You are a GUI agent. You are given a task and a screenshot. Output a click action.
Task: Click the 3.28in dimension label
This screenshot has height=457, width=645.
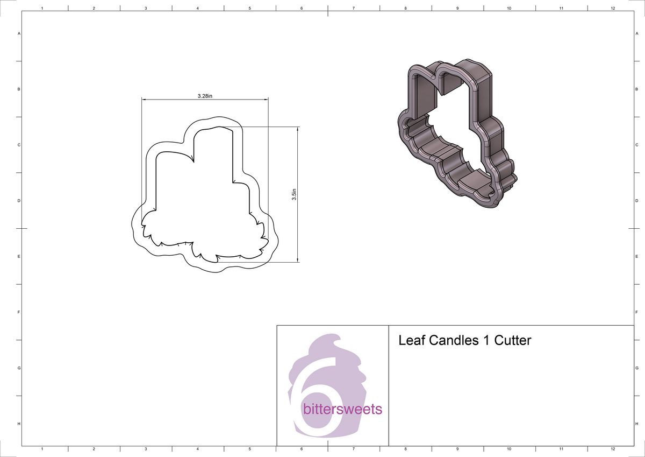coord(205,96)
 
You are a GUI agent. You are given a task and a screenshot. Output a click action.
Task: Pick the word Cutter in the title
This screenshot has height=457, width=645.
coord(513,341)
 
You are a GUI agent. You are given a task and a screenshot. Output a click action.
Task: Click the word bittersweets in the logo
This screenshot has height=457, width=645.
coord(343,410)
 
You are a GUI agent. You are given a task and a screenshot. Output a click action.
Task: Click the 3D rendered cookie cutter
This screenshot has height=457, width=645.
coord(457,135)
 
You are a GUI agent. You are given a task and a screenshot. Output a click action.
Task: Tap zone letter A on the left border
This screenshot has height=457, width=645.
coord(19,33)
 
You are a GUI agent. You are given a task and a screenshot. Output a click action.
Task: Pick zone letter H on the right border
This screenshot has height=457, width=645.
coord(636,424)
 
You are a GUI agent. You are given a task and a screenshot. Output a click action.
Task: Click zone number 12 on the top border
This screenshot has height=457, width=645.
coord(613,9)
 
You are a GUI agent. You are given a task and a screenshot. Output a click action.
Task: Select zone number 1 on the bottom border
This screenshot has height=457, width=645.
coord(42,449)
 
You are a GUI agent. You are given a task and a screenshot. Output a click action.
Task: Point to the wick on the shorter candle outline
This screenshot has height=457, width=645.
coord(191,157)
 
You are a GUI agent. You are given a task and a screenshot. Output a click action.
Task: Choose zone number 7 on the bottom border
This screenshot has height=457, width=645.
coord(353,449)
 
